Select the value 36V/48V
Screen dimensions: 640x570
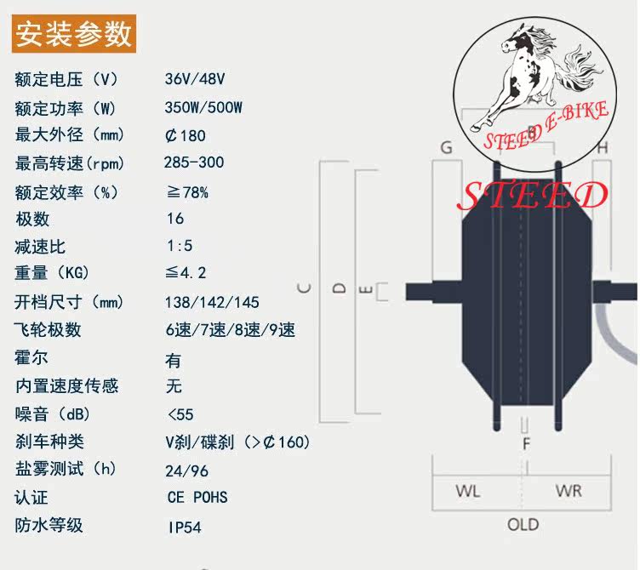(195, 79)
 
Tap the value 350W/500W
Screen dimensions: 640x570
(204, 108)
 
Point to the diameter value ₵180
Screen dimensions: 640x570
(186, 135)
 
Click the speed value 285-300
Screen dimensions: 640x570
(194, 162)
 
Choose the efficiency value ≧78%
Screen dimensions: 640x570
(187, 191)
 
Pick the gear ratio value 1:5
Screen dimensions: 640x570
(180, 246)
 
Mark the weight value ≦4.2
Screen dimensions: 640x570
(186, 273)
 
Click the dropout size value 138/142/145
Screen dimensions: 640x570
(214, 302)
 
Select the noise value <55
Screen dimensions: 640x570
(180, 414)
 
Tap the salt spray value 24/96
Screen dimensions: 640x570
(188, 470)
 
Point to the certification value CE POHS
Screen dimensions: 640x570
(197, 498)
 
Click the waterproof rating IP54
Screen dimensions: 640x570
(185, 527)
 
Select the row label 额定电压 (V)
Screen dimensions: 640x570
(65, 79)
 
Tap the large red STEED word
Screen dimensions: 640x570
(533, 196)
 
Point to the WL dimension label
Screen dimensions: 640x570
(467, 491)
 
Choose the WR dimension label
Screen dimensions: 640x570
(568, 491)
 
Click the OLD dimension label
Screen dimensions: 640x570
(523, 524)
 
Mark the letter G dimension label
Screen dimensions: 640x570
(446, 147)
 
